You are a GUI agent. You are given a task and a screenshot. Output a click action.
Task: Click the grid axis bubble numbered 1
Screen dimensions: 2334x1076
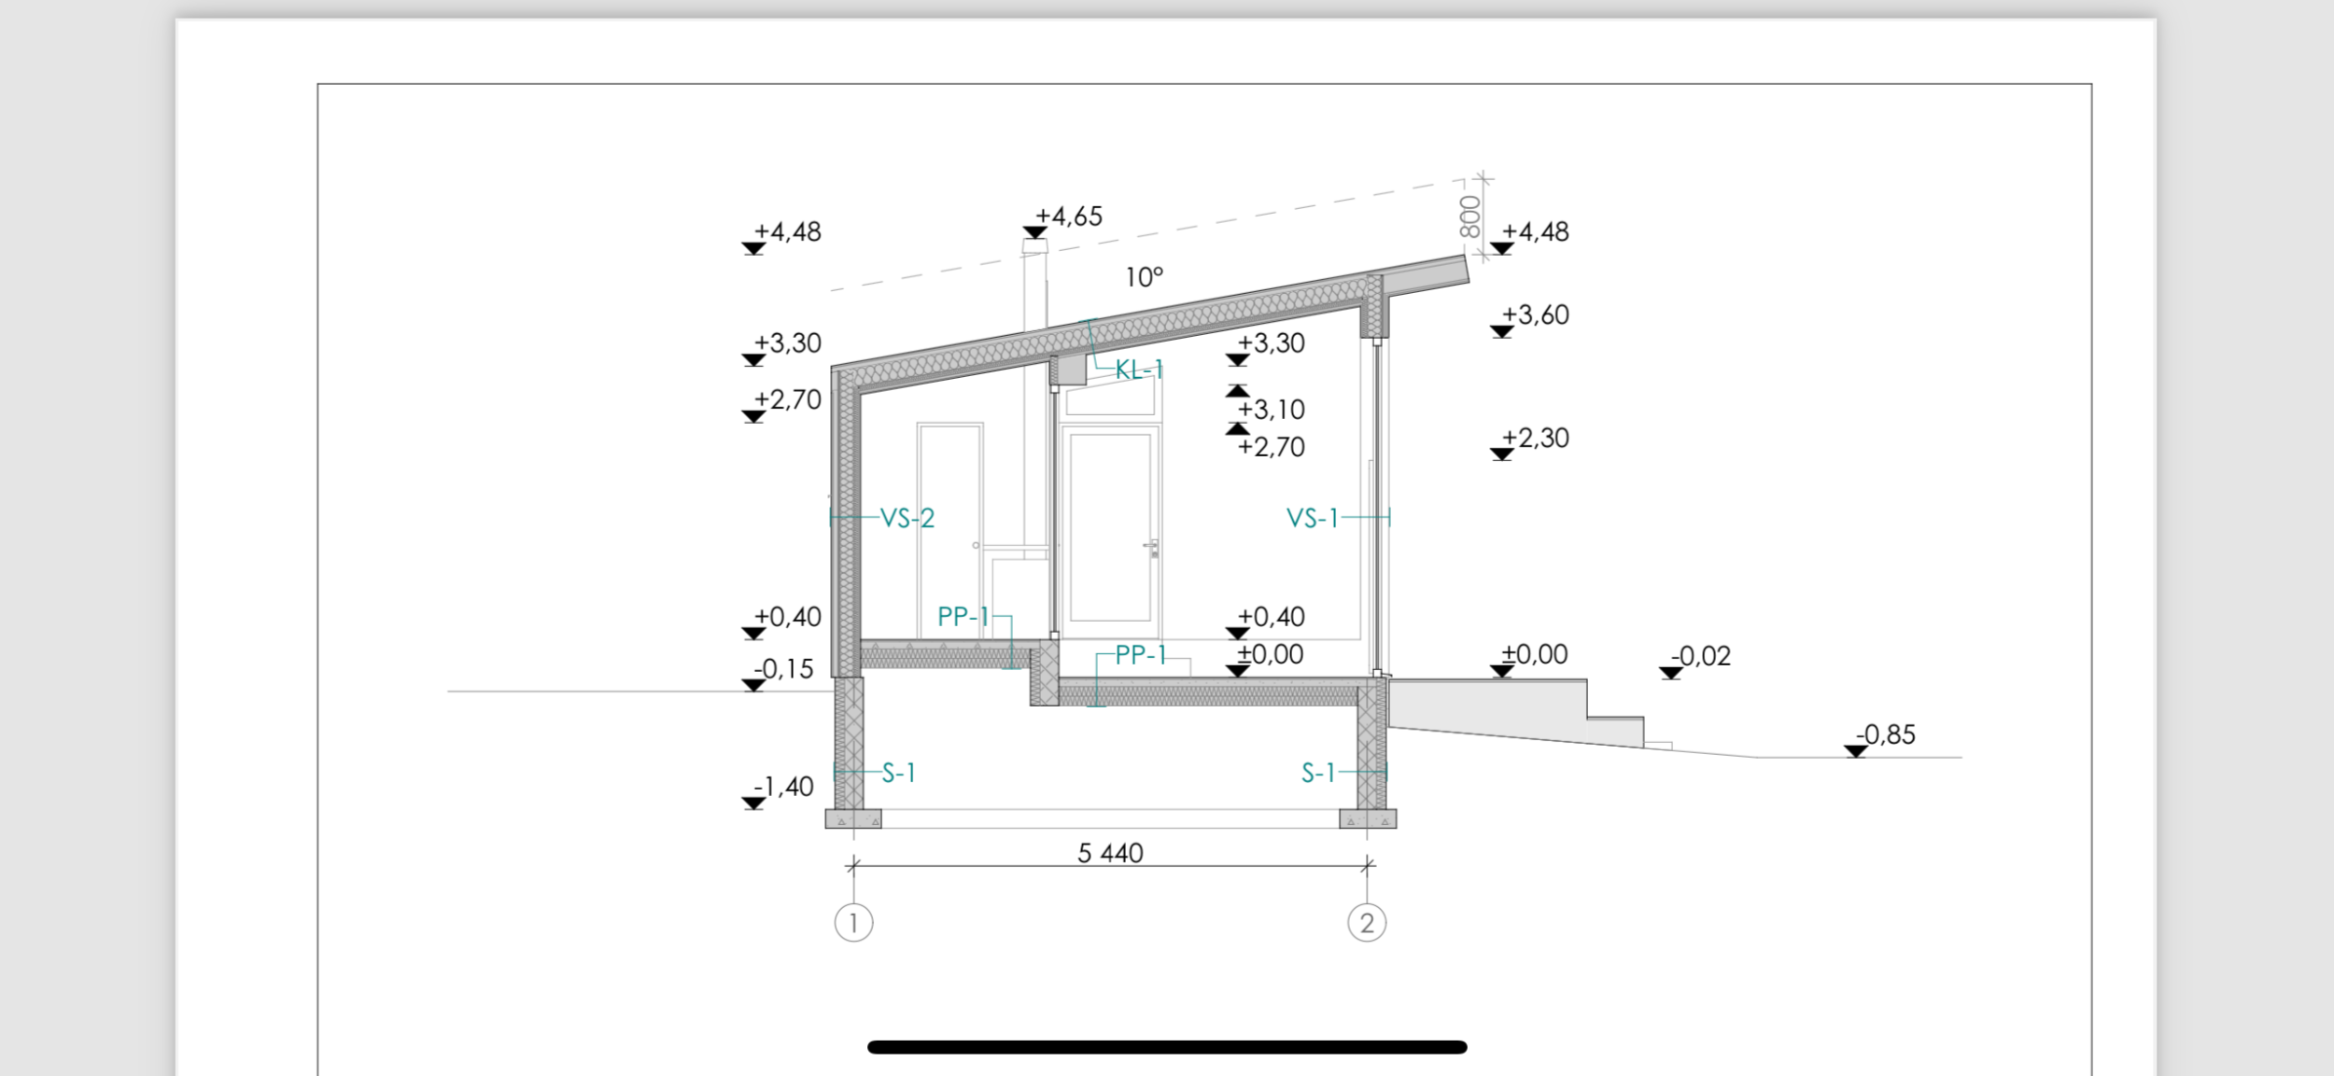853,923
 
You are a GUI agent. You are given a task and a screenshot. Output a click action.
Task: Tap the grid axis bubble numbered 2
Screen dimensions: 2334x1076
1367,923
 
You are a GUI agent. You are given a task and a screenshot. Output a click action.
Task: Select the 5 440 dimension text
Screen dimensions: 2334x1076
1110,853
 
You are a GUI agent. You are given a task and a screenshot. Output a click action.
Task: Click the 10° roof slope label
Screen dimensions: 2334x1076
1145,277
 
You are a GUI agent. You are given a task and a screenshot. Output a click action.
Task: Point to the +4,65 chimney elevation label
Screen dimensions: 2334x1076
1069,217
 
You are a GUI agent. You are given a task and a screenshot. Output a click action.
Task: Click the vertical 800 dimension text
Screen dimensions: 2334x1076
1469,217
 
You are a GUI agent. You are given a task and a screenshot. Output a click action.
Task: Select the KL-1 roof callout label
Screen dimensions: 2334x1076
1140,370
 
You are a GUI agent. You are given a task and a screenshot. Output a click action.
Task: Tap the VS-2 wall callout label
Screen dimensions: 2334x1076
907,518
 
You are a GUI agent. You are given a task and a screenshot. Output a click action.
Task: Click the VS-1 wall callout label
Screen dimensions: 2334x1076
1313,518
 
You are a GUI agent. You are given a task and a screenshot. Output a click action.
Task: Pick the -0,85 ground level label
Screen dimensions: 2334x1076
1885,734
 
